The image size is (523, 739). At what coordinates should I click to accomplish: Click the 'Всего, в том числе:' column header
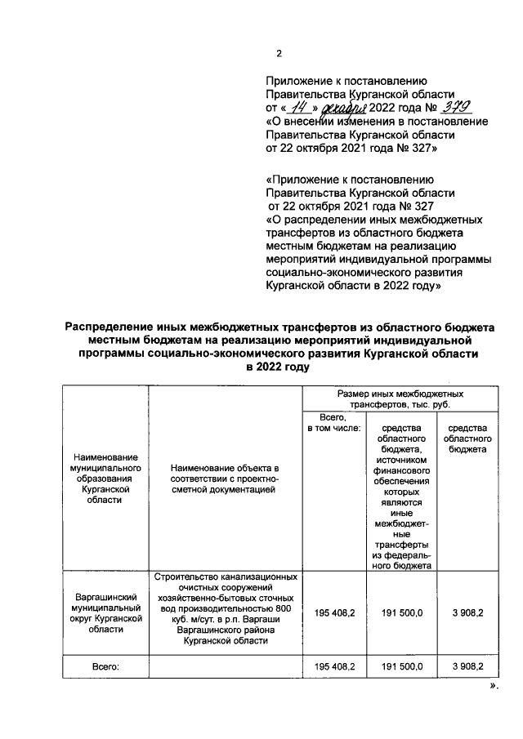tap(333, 423)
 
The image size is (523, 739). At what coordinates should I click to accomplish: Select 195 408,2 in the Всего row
tap(333, 667)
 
